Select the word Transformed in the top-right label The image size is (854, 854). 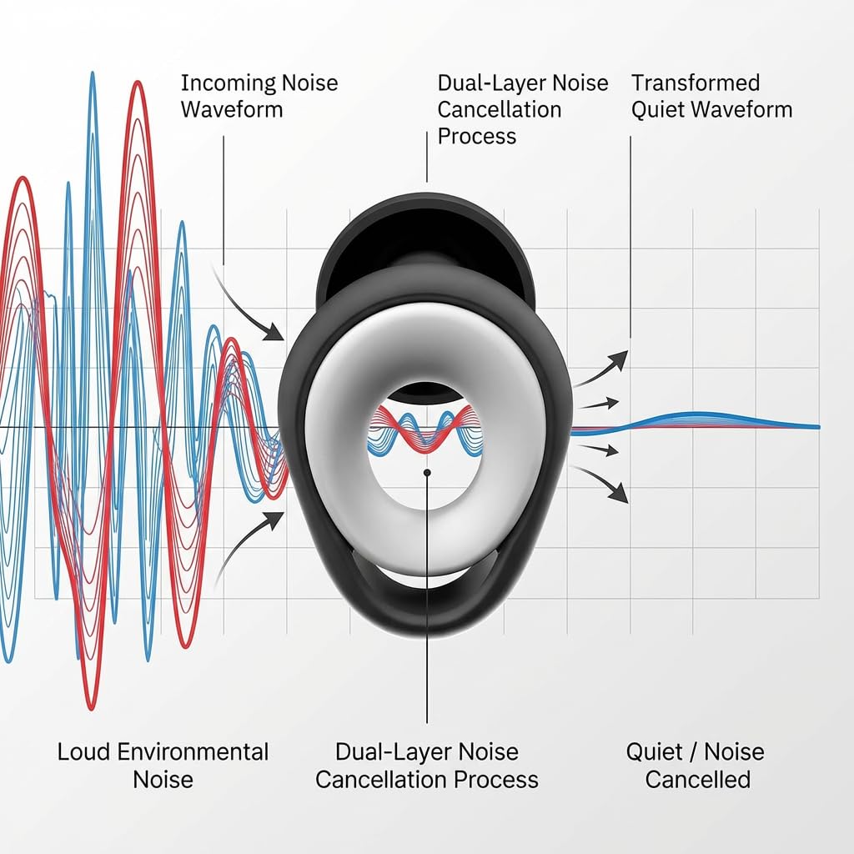696,83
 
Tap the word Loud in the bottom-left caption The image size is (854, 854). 83,751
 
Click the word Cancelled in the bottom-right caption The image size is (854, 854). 698,780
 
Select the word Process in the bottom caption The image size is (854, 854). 496,780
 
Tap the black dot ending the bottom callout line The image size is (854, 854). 427,473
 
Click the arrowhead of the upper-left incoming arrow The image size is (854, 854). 274,331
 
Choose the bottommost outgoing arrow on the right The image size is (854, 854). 601,484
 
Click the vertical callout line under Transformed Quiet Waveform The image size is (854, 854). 630,237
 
